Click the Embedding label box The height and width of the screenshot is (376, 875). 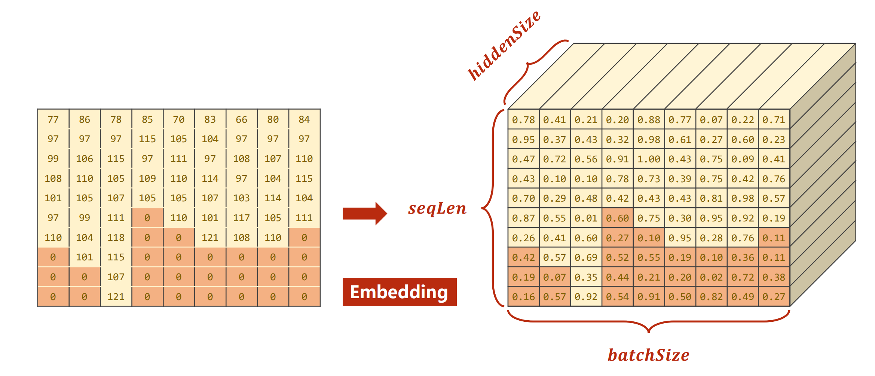pyautogui.click(x=399, y=292)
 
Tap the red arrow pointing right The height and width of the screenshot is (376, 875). pyautogui.click(x=364, y=213)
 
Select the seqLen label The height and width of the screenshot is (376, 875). pyautogui.click(x=437, y=208)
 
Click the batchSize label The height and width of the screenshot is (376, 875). pyautogui.click(x=648, y=355)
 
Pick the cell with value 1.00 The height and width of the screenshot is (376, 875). pyautogui.click(x=649, y=159)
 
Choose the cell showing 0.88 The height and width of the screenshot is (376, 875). pyautogui.click(x=649, y=120)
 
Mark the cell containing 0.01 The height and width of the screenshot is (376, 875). pyautogui.click(x=586, y=218)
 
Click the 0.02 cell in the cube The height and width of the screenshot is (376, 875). pyautogui.click(x=711, y=277)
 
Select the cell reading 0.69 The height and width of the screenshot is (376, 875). pyautogui.click(x=586, y=257)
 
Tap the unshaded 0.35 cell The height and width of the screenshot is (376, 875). pyautogui.click(x=586, y=277)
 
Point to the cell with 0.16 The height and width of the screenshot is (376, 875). pyautogui.click(x=523, y=297)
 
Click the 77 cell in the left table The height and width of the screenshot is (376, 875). pyautogui.click(x=53, y=119)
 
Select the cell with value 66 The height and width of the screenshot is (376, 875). pyautogui.click(x=241, y=119)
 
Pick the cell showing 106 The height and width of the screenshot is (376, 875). pyautogui.click(x=85, y=159)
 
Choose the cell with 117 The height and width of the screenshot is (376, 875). pyautogui.click(x=241, y=218)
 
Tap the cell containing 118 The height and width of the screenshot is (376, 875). pyautogui.click(x=116, y=238)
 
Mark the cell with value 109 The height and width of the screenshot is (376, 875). pyautogui.click(x=147, y=178)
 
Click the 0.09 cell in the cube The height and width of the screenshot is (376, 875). pyautogui.click(x=743, y=159)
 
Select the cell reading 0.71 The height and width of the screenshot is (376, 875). pyautogui.click(x=774, y=120)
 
